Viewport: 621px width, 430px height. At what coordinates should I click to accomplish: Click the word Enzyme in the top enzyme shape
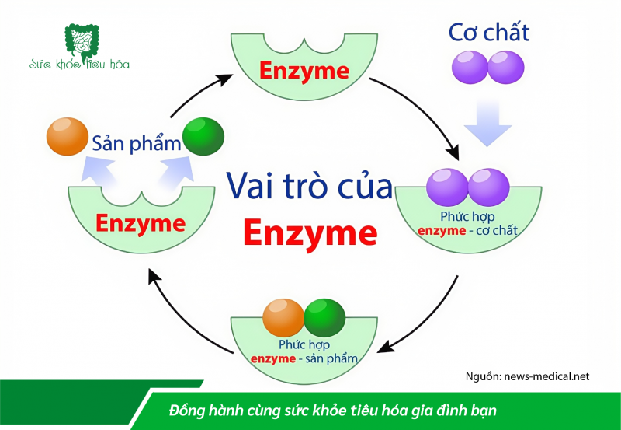[304, 71]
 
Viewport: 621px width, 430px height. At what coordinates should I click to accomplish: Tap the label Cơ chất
[489, 32]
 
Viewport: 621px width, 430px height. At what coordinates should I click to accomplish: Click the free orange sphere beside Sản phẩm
[68, 136]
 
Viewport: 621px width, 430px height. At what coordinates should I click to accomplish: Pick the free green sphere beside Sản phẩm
[203, 138]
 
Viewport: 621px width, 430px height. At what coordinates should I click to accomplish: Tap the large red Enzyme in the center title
[310, 232]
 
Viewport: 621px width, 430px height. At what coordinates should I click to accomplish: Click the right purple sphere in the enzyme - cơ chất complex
[489, 187]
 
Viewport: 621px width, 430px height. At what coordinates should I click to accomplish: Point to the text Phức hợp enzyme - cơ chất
[467, 224]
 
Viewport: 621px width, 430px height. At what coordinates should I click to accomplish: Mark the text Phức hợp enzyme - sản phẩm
[304, 351]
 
